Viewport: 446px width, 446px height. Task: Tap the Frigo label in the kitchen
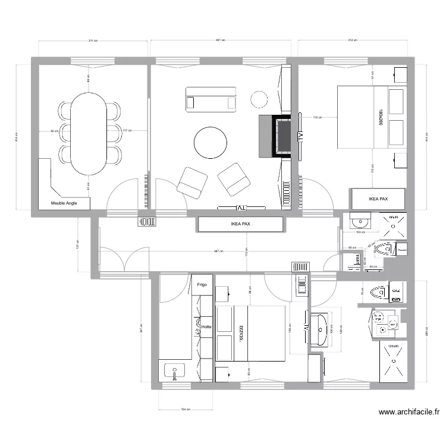pos(202,285)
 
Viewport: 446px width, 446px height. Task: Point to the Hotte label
pos(206,326)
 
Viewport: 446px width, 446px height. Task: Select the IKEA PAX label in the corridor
pos(240,225)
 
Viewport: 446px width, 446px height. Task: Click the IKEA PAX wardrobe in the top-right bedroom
pos(378,199)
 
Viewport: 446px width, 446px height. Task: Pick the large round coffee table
pos(210,143)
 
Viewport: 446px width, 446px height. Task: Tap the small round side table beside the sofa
pos(259,98)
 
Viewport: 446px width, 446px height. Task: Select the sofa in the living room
pos(211,99)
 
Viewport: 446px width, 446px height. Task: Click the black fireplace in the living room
pos(282,136)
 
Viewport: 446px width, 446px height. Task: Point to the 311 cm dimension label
pos(93,40)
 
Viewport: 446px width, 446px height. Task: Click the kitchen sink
pos(175,371)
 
